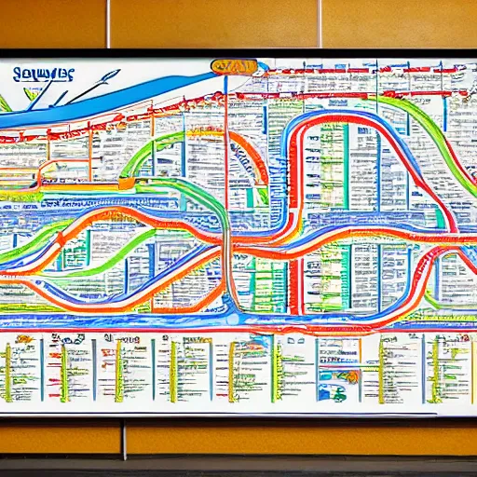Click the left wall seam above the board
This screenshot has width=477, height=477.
tap(108, 23)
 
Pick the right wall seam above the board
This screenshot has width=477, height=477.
tap(322, 23)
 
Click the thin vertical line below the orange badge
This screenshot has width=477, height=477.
tap(225, 186)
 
